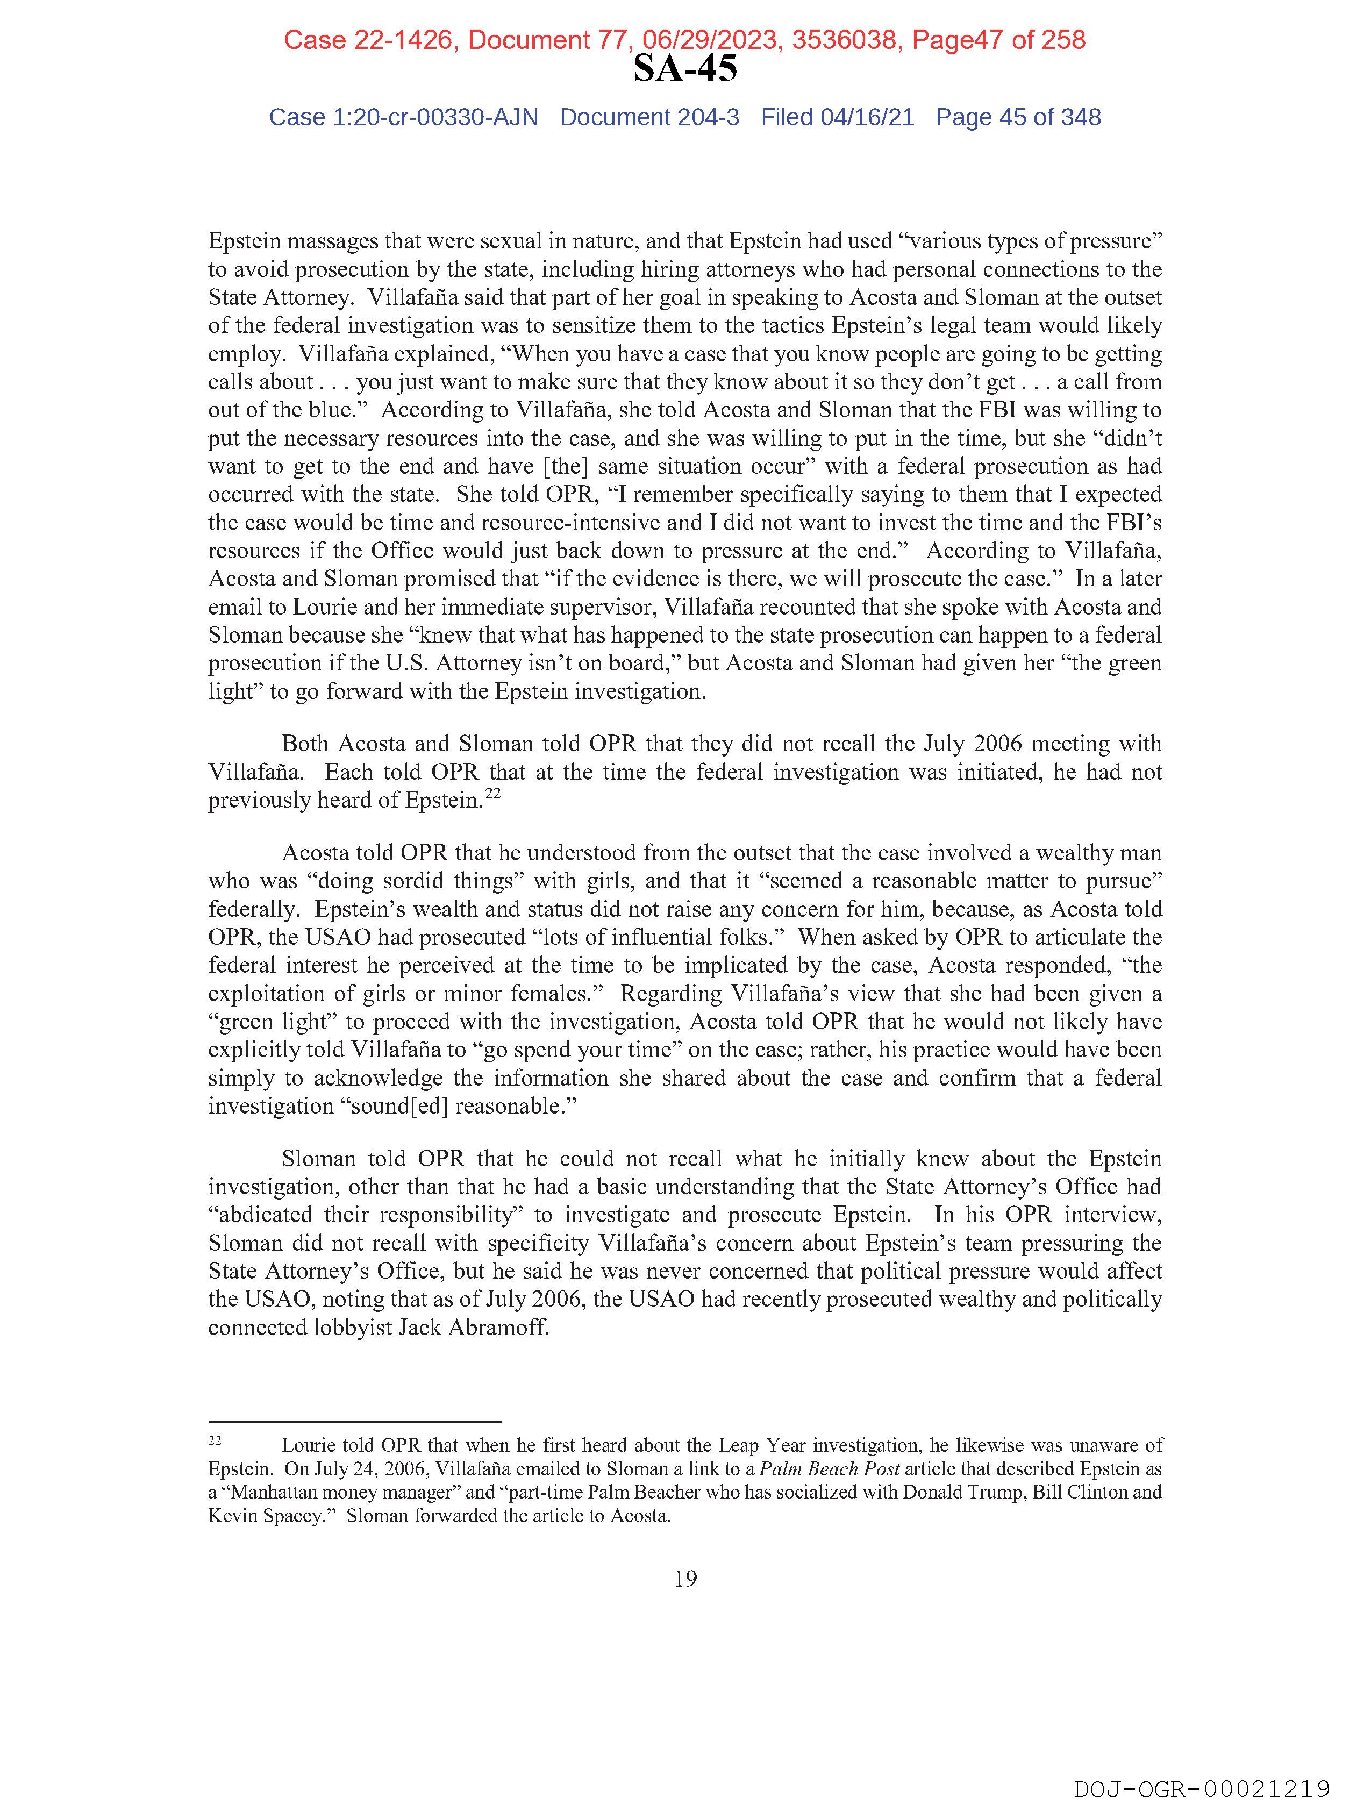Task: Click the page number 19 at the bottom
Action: (685, 1579)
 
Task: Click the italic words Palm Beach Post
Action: (829, 1469)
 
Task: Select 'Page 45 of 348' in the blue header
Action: (1018, 118)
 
